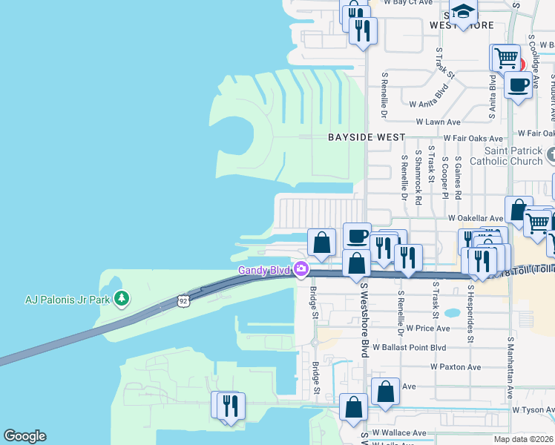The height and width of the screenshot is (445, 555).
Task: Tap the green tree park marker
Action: pyautogui.click(x=122, y=299)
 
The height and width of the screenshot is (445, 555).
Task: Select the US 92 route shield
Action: pyautogui.click(x=183, y=300)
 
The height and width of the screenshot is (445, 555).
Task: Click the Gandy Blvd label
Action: pyautogui.click(x=263, y=270)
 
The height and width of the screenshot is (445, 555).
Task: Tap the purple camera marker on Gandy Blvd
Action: pyautogui.click(x=301, y=270)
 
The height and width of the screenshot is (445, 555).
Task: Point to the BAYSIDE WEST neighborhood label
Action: pyautogui.click(x=367, y=137)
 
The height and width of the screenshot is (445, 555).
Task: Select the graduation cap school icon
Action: pyautogui.click(x=463, y=11)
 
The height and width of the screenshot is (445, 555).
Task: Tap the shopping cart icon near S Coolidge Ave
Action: pyautogui.click(x=506, y=56)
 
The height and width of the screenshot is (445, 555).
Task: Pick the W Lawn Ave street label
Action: pyautogui.click(x=439, y=122)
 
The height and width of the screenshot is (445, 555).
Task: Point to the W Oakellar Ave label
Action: pyautogui.click(x=476, y=219)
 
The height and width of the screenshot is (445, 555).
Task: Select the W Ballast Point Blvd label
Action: pyautogui.click(x=409, y=347)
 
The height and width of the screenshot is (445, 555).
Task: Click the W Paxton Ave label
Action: pyautogui.click(x=456, y=367)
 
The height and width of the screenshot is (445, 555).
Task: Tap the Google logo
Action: pyautogui.click(x=24, y=436)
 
